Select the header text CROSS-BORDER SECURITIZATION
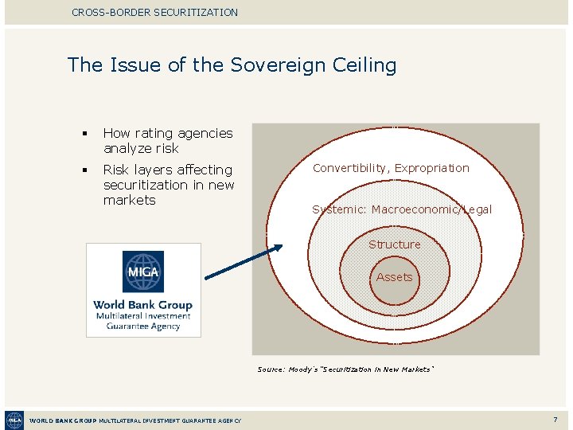tap(154, 12)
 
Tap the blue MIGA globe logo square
tap(143, 272)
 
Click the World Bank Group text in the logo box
tap(143, 304)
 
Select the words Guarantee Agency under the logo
tap(143, 326)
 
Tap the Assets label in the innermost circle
tap(394, 277)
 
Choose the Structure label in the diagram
tap(394, 244)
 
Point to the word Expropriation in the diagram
tap(432, 168)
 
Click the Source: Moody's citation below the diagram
tap(345, 369)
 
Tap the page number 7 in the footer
tap(555, 420)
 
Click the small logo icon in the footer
tap(14, 420)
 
